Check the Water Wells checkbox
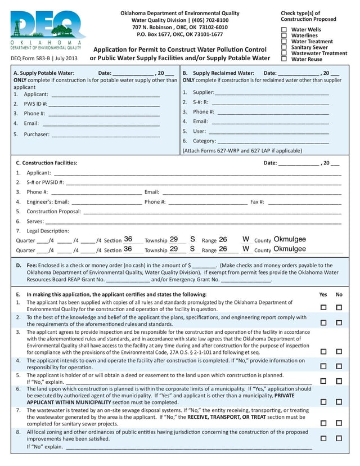[x=284, y=30]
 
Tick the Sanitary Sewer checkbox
[x=284, y=47]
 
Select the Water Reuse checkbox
[x=284, y=59]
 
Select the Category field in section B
[x=273, y=141]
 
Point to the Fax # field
[x=304, y=202]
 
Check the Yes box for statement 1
[x=323, y=307]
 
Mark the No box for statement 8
[x=339, y=438]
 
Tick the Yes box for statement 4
[x=323, y=366]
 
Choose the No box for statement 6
[x=339, y=402]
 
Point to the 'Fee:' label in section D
[x=32, y=265]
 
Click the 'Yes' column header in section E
[x=323, y=294]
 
